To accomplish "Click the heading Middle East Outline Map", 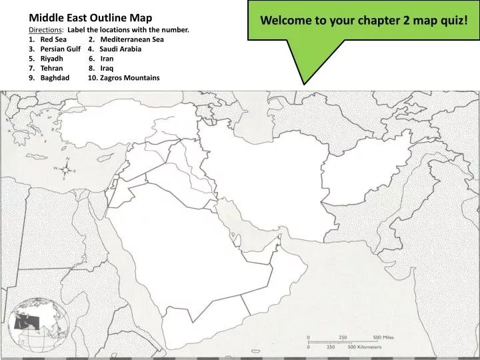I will pyautogui.click(x=90, y=17).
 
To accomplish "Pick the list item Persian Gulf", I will pyautogui.click(x=60, y=49).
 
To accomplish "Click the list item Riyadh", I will pyautogui.click(x=51, y=59).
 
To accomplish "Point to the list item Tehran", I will pyautogui.click(x=51, y=68).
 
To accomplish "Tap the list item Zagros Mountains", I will pyautogui.click(x=129, y=78).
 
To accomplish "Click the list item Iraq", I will pyautogui.click(x=107, y=68).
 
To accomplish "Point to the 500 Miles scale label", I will pyautogui.click(x=384, y=337).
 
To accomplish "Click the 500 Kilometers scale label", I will pyautogui.click(x=365, y=347).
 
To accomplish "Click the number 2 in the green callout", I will pyautogui.click(x=406, y=19).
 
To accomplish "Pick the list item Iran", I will pyautogui.click(x=107, y=59).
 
